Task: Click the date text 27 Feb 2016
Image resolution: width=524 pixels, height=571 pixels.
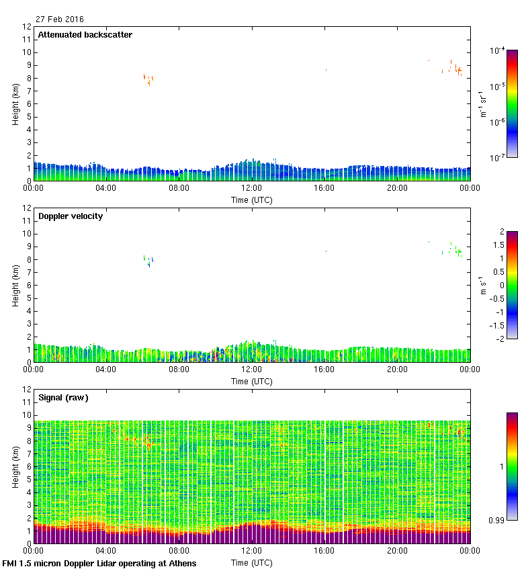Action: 60,19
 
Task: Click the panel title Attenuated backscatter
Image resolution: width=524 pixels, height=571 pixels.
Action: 85,34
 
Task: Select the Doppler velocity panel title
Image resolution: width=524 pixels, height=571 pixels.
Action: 70,216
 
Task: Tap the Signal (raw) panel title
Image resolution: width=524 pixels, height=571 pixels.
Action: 63,398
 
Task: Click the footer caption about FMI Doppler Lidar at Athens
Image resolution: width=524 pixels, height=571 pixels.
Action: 100,563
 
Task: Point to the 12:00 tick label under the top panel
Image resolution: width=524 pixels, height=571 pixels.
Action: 252,189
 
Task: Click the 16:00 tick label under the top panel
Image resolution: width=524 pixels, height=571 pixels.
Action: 324,189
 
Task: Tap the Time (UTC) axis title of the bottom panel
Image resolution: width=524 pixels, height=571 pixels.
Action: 252,562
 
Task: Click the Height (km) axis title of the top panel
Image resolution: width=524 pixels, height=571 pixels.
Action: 15,103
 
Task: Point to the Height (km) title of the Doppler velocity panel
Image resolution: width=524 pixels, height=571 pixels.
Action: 15,285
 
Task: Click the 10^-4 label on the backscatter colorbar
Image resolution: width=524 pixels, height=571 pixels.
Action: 498,51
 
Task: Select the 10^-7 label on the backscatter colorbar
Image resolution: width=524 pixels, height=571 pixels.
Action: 498,158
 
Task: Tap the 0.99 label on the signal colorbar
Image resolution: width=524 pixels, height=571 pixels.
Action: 498,521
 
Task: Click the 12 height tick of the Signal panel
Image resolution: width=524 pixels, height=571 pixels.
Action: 28,390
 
